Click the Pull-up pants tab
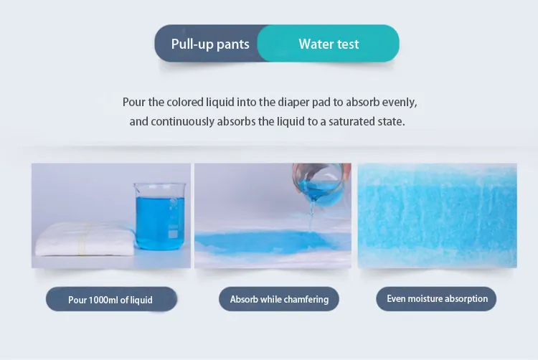click(x=210, y=44)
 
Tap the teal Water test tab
click(x=329, y=44)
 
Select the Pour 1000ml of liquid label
click(x=111, y=299)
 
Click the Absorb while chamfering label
click(x=279, y=299)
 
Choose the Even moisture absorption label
click(x=436, y=298)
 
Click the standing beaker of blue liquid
click(x=160, y=216)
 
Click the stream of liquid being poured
click(x=311, y=216)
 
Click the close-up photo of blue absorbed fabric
click(x=437, y=215)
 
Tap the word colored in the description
click(x=185, y=102)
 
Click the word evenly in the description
click(x=400, y=103)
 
